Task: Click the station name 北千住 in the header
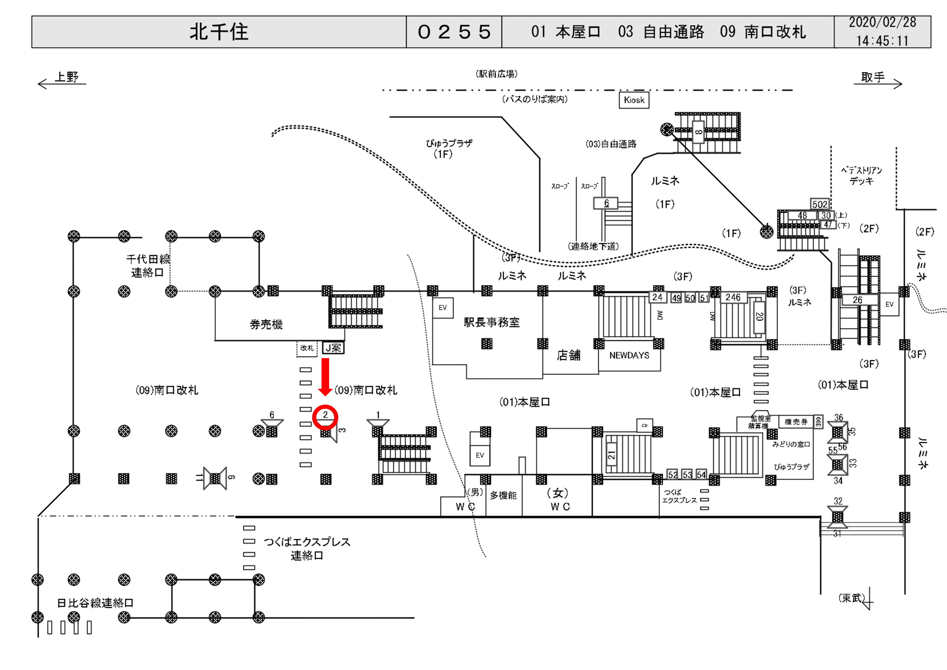219,32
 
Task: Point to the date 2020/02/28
882,22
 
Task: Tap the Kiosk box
634,100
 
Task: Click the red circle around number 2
325,417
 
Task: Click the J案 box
333,348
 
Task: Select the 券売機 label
266,324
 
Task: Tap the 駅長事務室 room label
492,322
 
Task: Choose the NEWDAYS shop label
629,355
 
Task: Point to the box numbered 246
733,297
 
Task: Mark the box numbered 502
820,204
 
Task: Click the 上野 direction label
67,77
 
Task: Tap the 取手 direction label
873,77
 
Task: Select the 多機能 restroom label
503,495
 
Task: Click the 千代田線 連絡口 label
148,266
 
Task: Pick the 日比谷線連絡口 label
95,603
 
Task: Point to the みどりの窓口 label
791,444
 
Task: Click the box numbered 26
858,300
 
